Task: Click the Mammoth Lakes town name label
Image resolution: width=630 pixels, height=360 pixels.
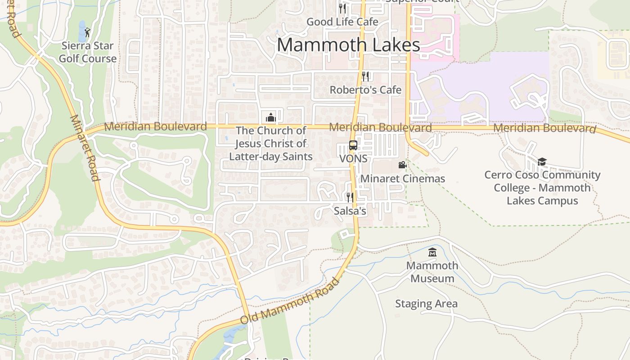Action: tap(348, 45)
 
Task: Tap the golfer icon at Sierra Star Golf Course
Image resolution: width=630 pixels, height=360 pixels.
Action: tap(87, 32)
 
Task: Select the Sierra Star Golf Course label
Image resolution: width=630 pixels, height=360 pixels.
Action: tap(88, 52)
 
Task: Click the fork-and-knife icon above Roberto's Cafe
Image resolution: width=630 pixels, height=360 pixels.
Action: tap(365, 76)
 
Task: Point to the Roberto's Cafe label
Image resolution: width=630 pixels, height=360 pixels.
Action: tap(365, 90)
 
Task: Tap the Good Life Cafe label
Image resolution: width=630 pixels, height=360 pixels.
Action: tap(342, 22)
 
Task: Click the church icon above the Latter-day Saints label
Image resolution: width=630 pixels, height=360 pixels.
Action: tap(271, 117)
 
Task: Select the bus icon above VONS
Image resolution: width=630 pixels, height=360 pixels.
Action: tap(353, 145)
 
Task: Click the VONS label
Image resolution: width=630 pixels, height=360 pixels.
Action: tap(353, 159)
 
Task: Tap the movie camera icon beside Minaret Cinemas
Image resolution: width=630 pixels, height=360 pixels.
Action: tap(402, 165)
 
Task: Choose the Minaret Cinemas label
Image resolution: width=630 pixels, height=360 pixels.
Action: tap(403, 179)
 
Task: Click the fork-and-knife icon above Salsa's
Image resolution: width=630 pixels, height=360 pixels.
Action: tap(350, 198)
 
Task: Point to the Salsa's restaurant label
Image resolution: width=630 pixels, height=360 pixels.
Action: tap(350, 211)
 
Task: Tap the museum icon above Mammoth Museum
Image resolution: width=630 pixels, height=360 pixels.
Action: tap(432, 252)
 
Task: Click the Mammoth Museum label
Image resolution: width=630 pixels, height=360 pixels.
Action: tap(432, 272)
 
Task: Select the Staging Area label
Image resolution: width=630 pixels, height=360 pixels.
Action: tap(426, 304)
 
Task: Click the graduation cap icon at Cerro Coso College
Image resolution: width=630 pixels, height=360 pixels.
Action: tap(542, 162)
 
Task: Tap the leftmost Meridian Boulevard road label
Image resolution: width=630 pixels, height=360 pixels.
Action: tap(155, 126)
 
